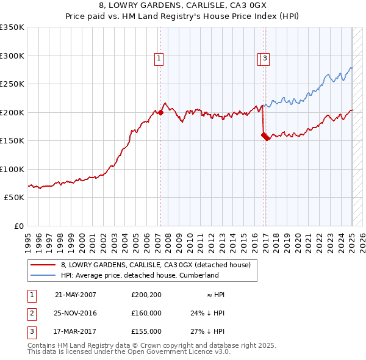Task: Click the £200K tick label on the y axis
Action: tap(12, 112)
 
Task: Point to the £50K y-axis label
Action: tap(14, 198)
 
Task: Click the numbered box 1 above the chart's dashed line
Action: tap(159, 59)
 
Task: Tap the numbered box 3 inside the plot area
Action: tap(267, 59)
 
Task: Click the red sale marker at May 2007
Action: tap(160, 112)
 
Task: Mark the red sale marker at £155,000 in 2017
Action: tap(267, 138)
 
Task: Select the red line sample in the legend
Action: tap(43, 265)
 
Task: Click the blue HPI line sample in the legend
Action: tap(43, 275)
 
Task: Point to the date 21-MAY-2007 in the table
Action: tap(76, 295)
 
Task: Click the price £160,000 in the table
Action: tap(146, 313)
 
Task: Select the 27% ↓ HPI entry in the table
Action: tap(207, 331)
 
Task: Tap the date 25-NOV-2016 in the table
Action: tap(76, 313)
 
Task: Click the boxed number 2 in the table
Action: tap(31, 313)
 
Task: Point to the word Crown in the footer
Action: tap(170, 345)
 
